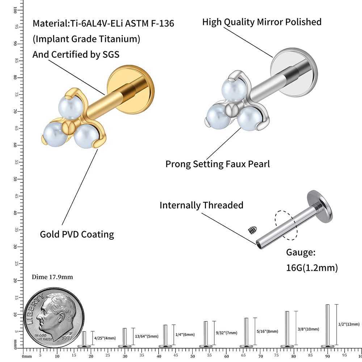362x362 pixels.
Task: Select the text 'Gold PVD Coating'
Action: (77, 234)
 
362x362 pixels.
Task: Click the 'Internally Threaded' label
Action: (201, 205)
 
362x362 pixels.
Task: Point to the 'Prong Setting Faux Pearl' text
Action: (218, 164)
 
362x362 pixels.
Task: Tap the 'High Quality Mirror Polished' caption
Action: (262, 22)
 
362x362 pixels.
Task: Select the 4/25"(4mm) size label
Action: (105, 338)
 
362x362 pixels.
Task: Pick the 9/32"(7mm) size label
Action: (227, 333)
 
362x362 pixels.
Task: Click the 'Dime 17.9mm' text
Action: (52, 277)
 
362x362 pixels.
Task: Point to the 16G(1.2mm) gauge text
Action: (312, 268)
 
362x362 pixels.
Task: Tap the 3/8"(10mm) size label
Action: (308, 329)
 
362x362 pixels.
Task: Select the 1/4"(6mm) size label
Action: (185, 334)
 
